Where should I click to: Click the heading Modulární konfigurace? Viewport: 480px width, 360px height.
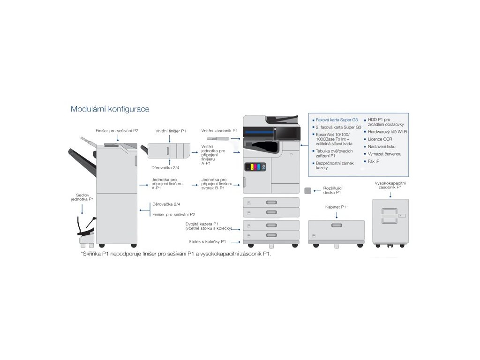click(110, 109)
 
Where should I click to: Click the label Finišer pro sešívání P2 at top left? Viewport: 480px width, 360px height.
click(117, 131)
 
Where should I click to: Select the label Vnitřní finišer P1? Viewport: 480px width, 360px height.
click(171, 131)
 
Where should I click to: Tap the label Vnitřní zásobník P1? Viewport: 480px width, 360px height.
click(219, 131)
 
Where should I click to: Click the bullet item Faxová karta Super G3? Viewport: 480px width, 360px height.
click(337, 120)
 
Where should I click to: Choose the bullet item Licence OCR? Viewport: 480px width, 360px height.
click(380, 139)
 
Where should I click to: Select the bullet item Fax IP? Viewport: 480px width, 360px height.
click(375, 161)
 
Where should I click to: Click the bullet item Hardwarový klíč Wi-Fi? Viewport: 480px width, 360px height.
click(388, 132)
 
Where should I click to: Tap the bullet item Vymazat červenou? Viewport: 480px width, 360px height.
click(385, 154)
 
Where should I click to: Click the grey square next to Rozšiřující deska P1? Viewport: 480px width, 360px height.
click(308, 191)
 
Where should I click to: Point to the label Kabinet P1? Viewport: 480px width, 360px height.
click(336, 206)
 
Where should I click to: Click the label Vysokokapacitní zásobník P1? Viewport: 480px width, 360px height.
click(390, 184)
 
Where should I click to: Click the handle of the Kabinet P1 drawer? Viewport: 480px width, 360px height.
click(337, 226)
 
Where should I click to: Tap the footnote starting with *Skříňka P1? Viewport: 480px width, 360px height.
click(176, 254)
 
